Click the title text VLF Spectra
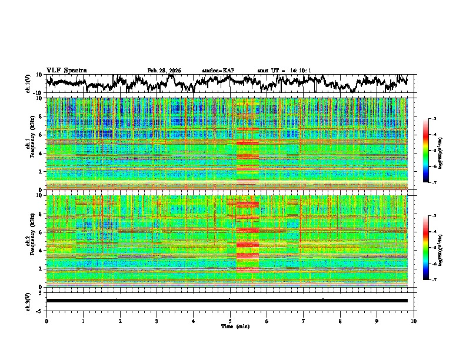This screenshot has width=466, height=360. pyautogui.click(x=66, y=70)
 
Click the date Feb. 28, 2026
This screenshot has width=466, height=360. pyautogui.click(x=164, y=71)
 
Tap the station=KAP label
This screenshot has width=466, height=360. pyautogui.click(x=218, y=71)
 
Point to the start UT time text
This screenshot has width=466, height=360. pyautogui.click(x=284, y=71)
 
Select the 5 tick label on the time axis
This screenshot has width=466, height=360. pyautogui.click(x=230, y=321)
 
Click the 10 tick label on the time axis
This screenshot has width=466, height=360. pyautogui.click(x=414, y=321)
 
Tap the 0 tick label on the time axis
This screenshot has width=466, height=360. pyautogui.click(x=46, y=321)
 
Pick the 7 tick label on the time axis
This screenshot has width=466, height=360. pyautogui.click(x=304, y=321)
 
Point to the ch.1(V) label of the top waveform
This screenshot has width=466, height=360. pyautogui.click(x=28, y=84)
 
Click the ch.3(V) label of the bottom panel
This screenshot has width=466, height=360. pyautogui.click(x=28, y=301)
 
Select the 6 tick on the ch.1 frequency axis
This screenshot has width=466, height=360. pyautogui.click(x=41, y=135)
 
